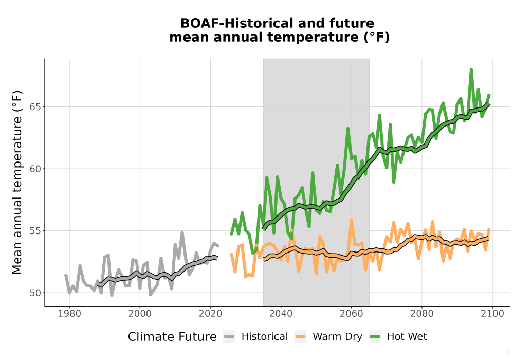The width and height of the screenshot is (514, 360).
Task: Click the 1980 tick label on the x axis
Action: pyautogui.click(x=69, y=314)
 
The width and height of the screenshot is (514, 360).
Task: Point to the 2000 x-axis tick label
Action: pyautogui.click(x=140, y=314)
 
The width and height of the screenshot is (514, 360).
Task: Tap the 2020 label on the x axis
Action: pyautogui.click(x=210, y=314)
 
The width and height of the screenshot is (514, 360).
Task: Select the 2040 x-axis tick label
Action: pyautogui.click(x=281, y=314)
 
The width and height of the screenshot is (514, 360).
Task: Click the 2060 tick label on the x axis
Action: pyautogui.click(x=352, y=314)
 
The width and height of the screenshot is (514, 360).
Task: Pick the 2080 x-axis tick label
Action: pyautogui.click(x=422, y=314)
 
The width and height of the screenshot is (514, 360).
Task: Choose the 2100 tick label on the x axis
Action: pyautogui.click(x=492, y=314)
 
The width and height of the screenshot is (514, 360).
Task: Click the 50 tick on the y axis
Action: pyautogui.click(x=35, y=293)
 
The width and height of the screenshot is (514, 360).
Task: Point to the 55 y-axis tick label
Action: pyautogui.click(x=35, y=231)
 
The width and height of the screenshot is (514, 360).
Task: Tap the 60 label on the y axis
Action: pyautogui.click(x=35, y=169)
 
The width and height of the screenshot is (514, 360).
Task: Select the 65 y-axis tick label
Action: pyautogui.click(x=35, y=107)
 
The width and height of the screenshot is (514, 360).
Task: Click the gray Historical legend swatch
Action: pyautogui.click(x=229, y=337)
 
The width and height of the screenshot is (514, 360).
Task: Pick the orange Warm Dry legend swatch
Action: pyautogui.click(x=300, y=337)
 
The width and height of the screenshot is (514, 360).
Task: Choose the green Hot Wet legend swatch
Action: pyautogui.click(x=375, y=337)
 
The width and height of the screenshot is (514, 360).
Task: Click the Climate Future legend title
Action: pyautogui.click(x=172, y=337)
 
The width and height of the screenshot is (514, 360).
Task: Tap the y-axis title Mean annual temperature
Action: pyautogui.click(x=17, y=182)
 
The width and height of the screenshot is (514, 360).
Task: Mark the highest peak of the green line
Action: pyautogui.click(x=471, y=70)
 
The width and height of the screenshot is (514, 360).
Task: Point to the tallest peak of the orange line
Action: pyautogui.click(x=352, y=220)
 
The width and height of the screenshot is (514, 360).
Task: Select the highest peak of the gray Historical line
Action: pyautogui.click(x=182, y=233)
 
